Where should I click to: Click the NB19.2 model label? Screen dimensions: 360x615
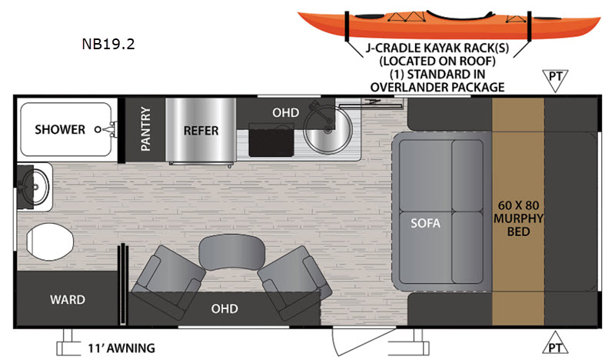(x=108, y=43)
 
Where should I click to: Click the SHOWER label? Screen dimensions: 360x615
(x=60, y=129)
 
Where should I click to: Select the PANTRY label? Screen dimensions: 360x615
(x=145, y=128)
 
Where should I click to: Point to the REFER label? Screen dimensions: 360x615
(x=201, y=130)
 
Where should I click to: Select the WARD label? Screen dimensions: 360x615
(x=68, y=299)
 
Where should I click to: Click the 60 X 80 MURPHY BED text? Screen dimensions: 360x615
(x=520, y=218)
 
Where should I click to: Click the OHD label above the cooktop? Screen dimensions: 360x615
(x=281, y=112)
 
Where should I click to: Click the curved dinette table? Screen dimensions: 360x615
(x=224, y=252)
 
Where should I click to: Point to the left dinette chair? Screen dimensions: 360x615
(x=168, y=278)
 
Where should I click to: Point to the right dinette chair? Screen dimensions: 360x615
(x=289, y=275)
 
